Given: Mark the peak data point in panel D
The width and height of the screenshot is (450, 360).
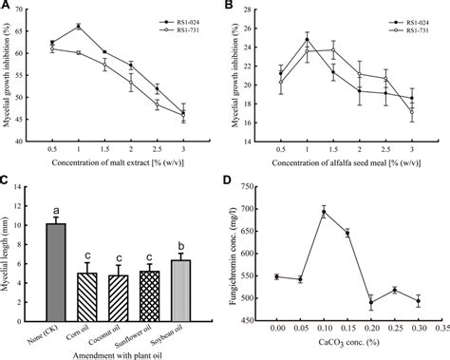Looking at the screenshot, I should pos(324,213).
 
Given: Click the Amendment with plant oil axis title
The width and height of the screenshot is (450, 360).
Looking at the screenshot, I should pos(112,352).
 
